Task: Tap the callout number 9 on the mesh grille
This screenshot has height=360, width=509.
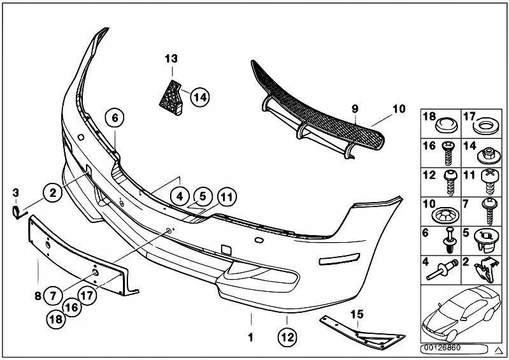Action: [355, 110]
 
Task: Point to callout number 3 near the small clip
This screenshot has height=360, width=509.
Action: [16, 192]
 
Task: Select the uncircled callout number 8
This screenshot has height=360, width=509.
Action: [38, 295]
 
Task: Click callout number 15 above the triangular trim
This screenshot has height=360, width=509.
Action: [357, 314]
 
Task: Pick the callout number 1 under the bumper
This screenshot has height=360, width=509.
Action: [250, 336]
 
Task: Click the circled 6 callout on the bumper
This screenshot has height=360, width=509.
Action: [115, 117]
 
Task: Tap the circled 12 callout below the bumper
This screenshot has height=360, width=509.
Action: [287, 336]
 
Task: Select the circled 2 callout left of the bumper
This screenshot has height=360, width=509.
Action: [54, 191]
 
